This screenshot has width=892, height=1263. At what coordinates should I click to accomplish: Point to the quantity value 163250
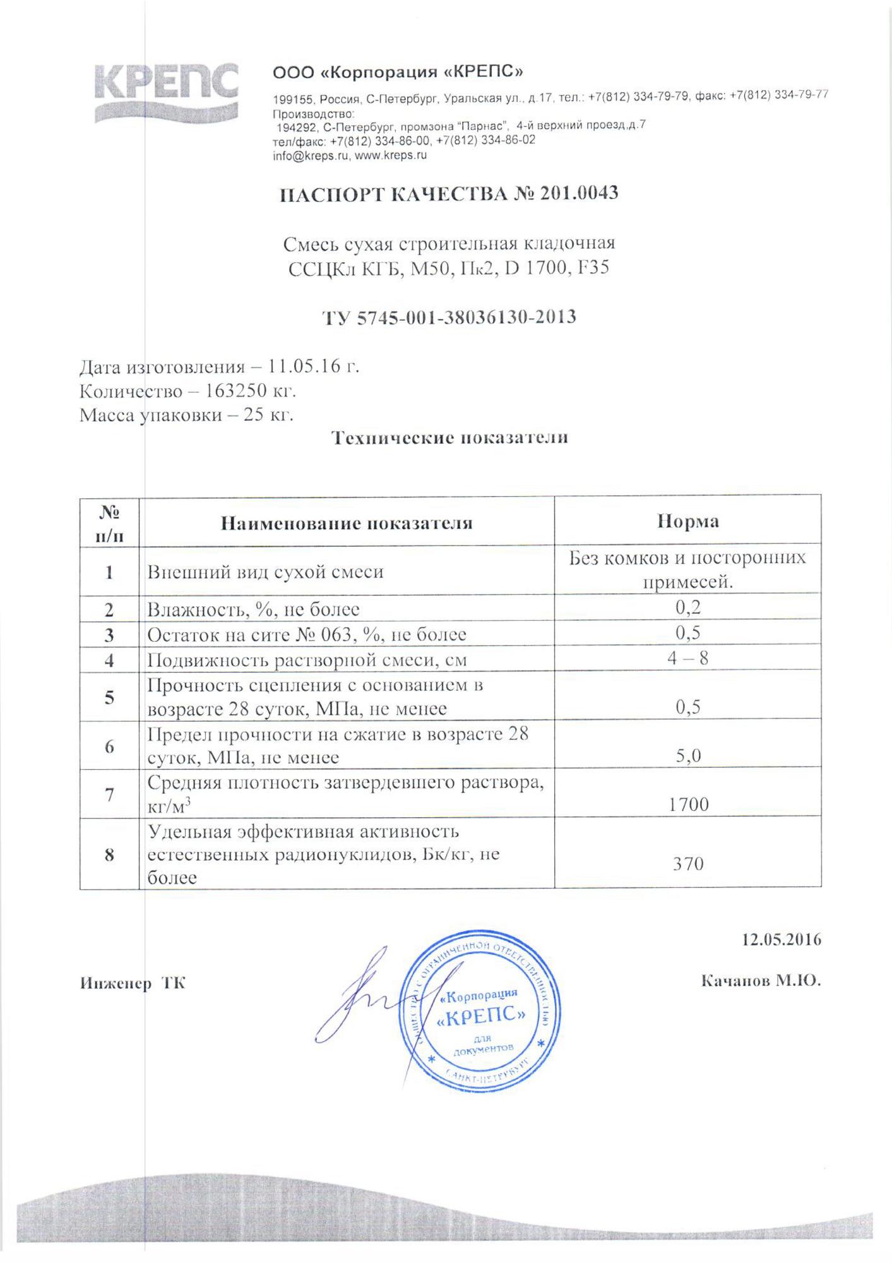click(234, 391)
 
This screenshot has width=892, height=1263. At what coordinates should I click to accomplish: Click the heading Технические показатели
click(450, 437)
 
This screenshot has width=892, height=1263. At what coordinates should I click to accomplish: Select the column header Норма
click(687, 522)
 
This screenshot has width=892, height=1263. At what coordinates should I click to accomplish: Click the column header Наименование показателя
click(346, 522)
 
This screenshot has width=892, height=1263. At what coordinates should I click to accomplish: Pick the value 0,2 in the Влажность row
click(688, 608)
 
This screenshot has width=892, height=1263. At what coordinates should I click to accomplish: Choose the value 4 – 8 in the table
click(687, 659)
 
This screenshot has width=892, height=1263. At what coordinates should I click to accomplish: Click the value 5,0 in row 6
click(688, 756)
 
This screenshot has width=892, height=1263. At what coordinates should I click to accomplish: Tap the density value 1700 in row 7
click(688, 804)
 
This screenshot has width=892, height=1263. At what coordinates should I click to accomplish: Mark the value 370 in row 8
click(688, 863)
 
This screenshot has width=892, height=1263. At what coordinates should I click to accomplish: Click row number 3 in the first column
click(109, 635)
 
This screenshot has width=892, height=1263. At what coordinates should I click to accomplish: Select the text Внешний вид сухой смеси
click(265, 572)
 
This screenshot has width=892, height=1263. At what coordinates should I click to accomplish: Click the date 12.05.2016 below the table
click(782, 939)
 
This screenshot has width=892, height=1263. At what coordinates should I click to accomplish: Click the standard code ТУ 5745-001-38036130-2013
click(449, 316)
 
